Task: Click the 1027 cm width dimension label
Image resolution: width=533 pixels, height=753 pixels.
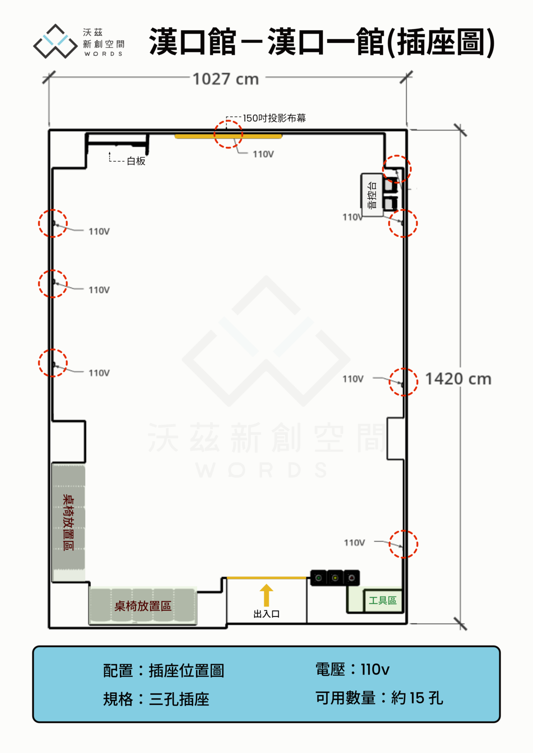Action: (226, 79)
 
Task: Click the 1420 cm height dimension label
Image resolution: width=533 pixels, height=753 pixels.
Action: (458, 379)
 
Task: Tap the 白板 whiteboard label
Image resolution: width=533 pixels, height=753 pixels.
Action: (136, 161)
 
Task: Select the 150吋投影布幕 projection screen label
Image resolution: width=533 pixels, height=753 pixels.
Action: (274, 118)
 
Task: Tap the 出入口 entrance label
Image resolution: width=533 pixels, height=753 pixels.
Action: (266, 614)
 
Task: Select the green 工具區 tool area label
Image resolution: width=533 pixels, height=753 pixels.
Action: (383, 600)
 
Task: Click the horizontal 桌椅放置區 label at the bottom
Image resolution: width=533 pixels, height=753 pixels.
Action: (143, 606)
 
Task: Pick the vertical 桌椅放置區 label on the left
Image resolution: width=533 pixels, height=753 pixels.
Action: (68, 522)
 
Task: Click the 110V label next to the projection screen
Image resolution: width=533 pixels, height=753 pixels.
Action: (263, 154)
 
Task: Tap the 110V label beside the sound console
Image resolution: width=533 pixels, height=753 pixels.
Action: (352, 217)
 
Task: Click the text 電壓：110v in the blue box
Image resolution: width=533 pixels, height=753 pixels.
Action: (352, 669)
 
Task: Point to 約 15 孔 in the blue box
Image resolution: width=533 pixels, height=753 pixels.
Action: (417, 698)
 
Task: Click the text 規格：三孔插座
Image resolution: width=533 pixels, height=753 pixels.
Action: (156, 699)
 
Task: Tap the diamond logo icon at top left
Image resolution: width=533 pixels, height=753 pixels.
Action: (55, 41)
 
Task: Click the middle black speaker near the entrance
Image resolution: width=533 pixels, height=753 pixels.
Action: (335, 578)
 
